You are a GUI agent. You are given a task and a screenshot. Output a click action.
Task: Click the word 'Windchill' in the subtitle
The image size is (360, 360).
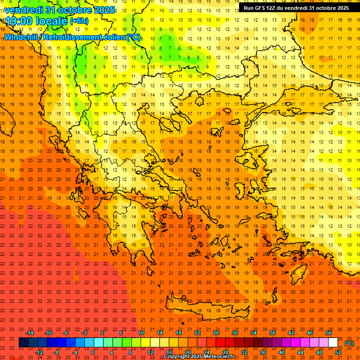[22, 37]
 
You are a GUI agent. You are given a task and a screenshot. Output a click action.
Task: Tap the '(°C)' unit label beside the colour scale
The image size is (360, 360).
[349, 343]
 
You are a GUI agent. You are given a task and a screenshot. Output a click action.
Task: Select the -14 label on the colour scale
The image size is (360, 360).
[30, 333]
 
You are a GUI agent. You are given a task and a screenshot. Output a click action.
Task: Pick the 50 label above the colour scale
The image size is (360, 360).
[329, 333]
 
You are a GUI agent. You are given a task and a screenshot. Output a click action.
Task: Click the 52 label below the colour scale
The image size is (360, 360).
[338, 352]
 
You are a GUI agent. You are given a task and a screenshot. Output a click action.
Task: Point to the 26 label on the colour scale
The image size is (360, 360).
[216, 333]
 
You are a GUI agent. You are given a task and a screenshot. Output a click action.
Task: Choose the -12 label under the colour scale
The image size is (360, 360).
[39, 352]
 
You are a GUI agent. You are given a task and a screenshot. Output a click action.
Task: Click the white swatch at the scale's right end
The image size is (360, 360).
[333, 343]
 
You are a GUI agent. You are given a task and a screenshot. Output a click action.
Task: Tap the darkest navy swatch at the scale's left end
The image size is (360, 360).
[23, 343]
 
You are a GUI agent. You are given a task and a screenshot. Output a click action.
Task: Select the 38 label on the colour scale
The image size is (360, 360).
[272, 333]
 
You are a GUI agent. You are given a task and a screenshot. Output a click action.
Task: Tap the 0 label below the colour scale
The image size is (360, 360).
[92, 352]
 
